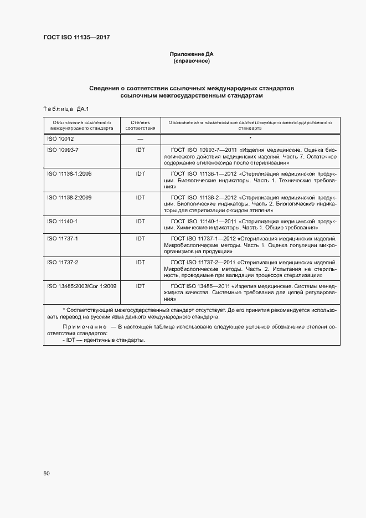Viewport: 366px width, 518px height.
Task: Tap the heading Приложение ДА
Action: click(191, 54)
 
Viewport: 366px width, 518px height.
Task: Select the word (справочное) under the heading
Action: click(191, 61)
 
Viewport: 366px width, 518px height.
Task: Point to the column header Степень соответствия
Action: click(140, 124)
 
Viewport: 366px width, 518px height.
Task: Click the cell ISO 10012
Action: click(61, 139)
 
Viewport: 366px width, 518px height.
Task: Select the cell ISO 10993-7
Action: click(63, 150)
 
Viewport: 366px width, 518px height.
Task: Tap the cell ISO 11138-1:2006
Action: click(69, 174)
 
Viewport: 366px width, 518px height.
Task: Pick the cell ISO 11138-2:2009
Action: click(69, 197)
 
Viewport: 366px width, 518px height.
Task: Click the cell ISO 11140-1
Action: click(62, 221)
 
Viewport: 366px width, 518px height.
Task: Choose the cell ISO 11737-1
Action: click(62, 238)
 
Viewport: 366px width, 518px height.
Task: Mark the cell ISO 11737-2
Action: click(62, 262)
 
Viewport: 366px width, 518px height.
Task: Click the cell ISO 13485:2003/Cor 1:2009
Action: click(81, 286)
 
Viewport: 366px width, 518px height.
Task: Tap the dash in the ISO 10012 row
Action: click(140, 139)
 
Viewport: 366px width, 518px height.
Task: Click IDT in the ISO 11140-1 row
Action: click(140, 221)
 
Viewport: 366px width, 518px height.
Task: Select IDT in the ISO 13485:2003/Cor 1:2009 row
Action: click(140, 286)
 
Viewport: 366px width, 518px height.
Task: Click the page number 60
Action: click(47, 474)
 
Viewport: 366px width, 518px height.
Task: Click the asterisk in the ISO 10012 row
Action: click(250, 138)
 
